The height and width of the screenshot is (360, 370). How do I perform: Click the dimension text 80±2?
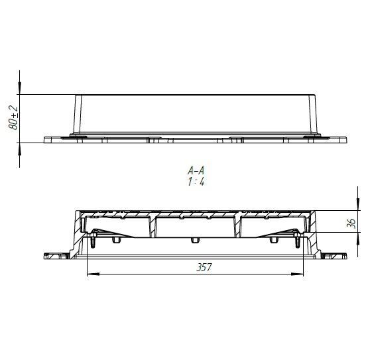[13, 118]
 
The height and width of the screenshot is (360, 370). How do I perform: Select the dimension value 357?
[204, 267]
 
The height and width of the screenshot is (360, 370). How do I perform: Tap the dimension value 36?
[351, 223]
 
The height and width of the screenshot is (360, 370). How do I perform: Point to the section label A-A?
[196, 170]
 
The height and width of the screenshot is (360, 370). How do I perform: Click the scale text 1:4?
[196, 182]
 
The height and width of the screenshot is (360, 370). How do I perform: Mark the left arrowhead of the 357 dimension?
[93, 274]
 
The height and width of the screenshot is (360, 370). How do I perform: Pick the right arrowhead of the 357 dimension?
[297, 274]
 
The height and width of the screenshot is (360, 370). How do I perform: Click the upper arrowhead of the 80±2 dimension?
[20, 88]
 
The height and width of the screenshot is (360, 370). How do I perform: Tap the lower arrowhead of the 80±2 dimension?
[20, 149]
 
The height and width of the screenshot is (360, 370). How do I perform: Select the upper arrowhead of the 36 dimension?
[358, 204]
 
